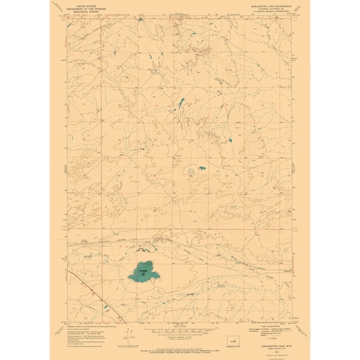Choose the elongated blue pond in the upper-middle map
pyautogui.click(x=180, y=101)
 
